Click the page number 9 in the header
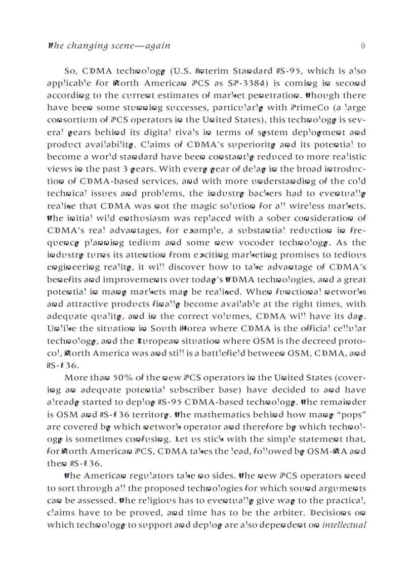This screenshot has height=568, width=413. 363,46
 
